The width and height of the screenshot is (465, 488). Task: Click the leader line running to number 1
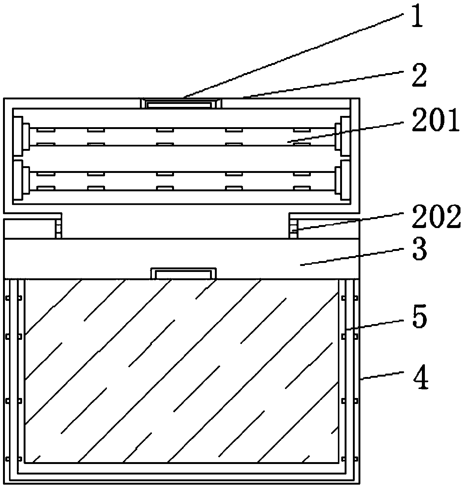pos(292,53)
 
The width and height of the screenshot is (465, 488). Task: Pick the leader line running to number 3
pos(352,258)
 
